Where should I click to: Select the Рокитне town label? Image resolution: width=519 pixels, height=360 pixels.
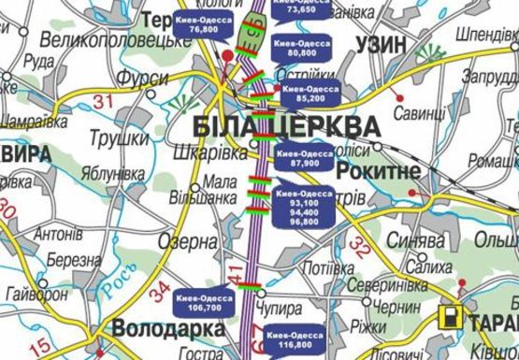[x=375, y=169]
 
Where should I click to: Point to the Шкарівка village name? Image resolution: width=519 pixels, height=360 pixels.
[x=220, y=153]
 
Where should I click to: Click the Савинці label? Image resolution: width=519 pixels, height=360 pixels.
[x=419, y=112]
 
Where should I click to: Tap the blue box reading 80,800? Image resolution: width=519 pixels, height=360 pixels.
[x=297, y=49]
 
